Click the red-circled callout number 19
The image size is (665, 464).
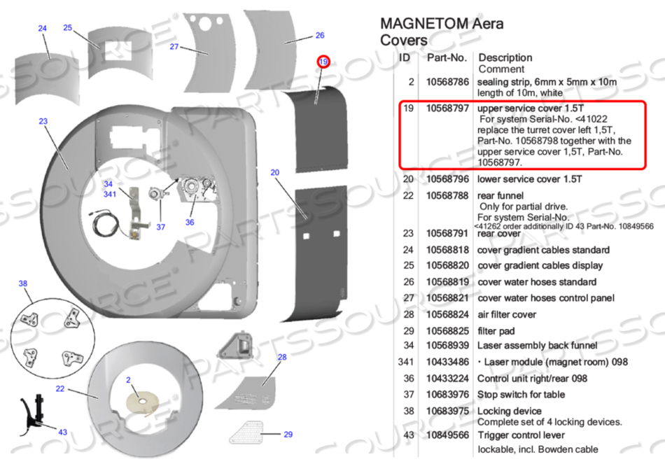click(x=323, y=62)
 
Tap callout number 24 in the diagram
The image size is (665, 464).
click(x=43, y=29)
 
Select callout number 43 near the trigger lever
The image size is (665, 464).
click(x=62, y=433)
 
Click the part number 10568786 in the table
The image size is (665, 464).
click(x=447, y=82)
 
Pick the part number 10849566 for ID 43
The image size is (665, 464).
click(x=447, y=435)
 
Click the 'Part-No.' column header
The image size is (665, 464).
click(x=446, y=57)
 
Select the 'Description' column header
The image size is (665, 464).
click(x=505, y=57)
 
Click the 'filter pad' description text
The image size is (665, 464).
click(x=496, y=330)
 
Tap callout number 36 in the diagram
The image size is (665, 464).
click(x=190, y=223)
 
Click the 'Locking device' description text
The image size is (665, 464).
click(x=509, y=411)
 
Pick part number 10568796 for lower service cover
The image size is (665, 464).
click(x=447, y=179)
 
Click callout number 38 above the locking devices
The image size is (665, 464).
click(x=23, y=283)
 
